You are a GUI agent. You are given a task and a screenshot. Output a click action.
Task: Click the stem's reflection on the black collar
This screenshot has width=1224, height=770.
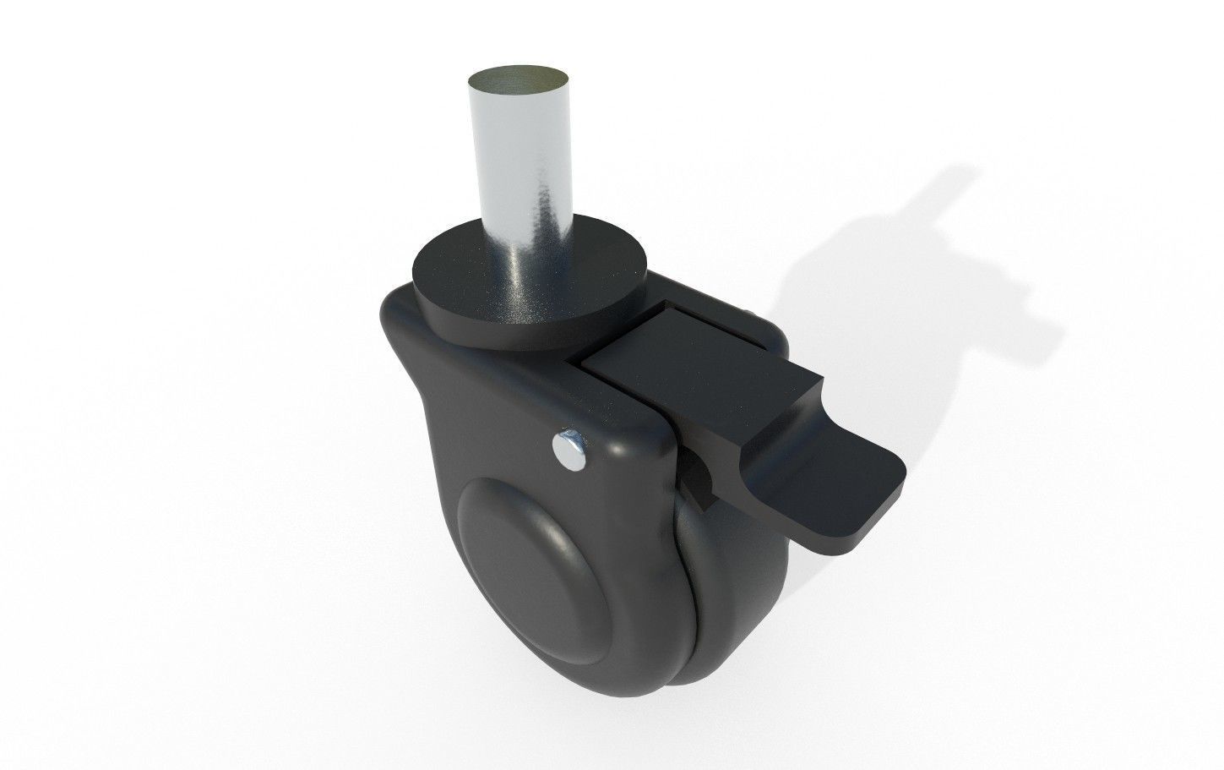(x=541, y=287)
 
